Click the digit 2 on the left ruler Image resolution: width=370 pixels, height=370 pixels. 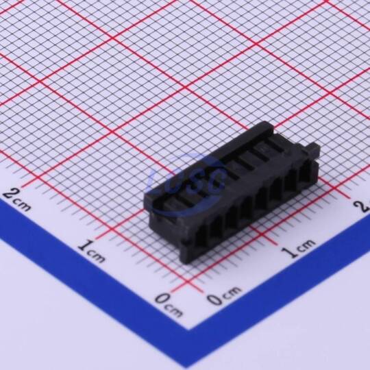[9, 195]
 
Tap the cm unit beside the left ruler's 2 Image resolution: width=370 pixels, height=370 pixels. [23, 206]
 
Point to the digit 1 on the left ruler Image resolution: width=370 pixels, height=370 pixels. [84, 245]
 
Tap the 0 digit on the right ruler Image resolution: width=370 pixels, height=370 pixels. [214, 300]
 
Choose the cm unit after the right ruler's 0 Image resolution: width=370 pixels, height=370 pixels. [232, 292]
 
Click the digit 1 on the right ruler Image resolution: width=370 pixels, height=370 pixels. [290, 251]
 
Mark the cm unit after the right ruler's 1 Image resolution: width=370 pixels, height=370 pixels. [306, 245]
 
